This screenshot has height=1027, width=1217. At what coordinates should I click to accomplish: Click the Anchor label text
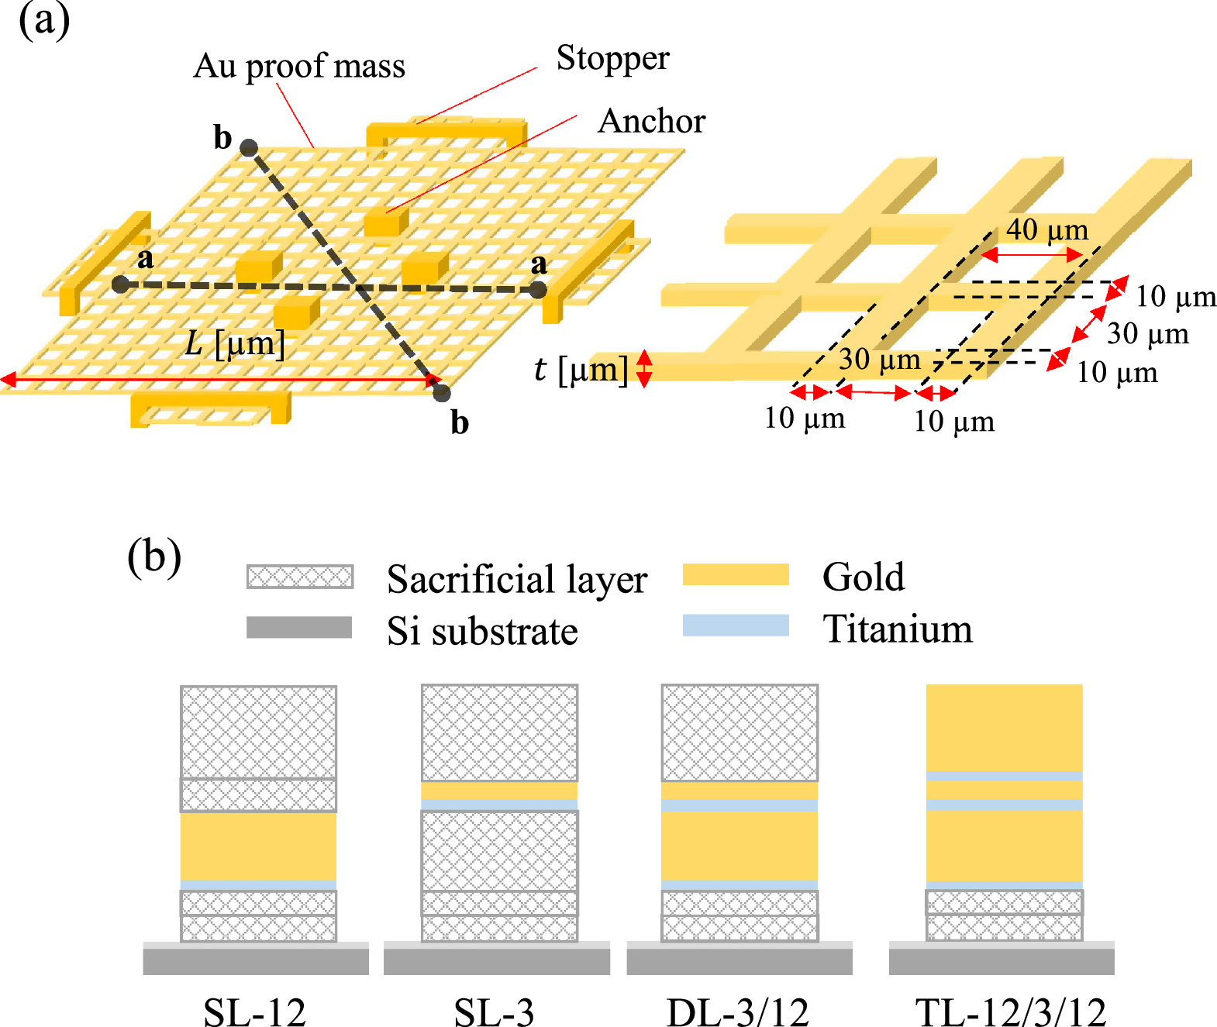(651, 121)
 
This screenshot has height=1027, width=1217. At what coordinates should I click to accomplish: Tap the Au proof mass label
(299, 67)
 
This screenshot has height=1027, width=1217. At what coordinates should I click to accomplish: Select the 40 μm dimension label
(1047, 229)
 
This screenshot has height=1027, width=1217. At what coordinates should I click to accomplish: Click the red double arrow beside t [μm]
(643, 369)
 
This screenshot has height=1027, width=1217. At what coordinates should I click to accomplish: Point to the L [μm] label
(235, 343)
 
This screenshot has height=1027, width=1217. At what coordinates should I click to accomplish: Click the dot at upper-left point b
(248, 148)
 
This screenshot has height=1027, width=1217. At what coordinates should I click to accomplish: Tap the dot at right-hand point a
(538, 291)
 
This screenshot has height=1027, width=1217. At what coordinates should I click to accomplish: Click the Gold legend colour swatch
(735, 574)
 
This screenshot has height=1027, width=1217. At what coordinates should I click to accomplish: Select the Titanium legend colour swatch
(735, 626)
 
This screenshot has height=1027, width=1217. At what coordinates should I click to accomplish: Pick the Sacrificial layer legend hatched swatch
(300, 577)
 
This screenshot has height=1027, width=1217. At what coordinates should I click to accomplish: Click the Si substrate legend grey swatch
(299, 627)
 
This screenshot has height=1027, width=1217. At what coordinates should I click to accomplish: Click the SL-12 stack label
(254, 1011)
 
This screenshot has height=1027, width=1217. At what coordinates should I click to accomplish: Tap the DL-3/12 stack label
(737, 1011)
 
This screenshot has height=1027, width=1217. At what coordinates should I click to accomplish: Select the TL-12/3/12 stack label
(1010, 1011)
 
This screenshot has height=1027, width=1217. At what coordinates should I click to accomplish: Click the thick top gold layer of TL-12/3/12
(1004, 727)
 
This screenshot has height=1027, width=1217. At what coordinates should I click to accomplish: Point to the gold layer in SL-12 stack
(258, 846)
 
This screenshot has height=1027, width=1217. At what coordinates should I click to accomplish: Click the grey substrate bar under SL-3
(496, 960)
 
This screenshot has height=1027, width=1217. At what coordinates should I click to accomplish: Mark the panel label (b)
(154, 557)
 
